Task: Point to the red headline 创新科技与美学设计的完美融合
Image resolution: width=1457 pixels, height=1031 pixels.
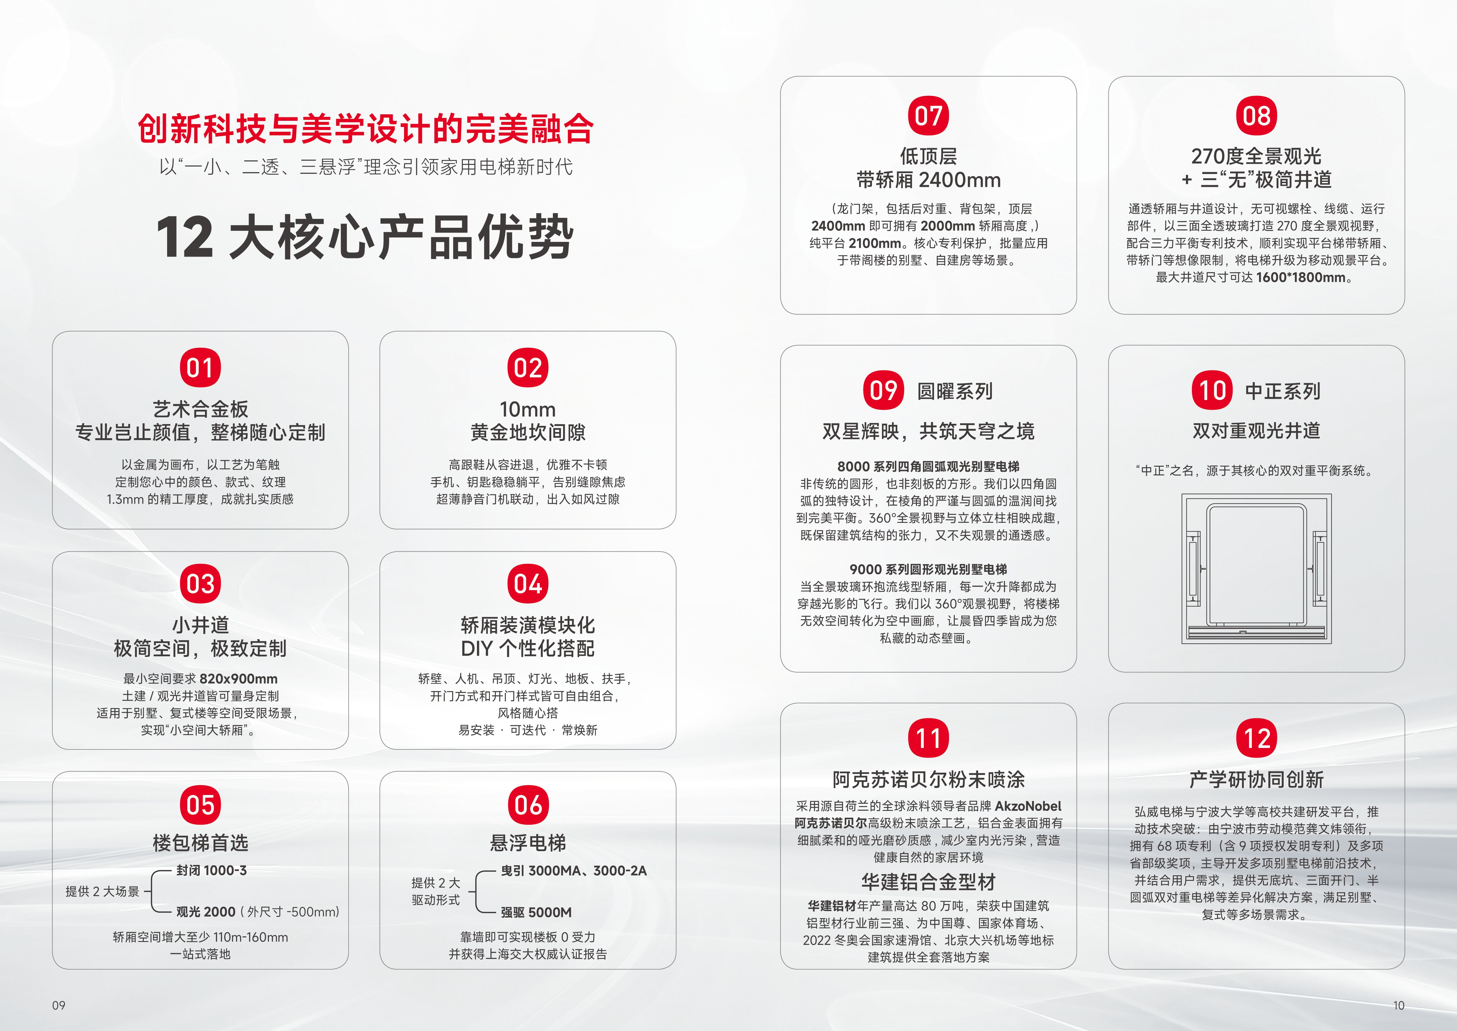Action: point(366,129)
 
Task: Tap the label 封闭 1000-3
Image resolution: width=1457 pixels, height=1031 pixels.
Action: point(211,870)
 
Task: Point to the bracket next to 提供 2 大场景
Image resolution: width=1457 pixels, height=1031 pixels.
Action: point(159,891)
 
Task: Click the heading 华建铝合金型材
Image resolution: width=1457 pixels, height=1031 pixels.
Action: point(928,882)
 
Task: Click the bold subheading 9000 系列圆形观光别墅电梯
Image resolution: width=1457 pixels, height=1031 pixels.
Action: point(928,570)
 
